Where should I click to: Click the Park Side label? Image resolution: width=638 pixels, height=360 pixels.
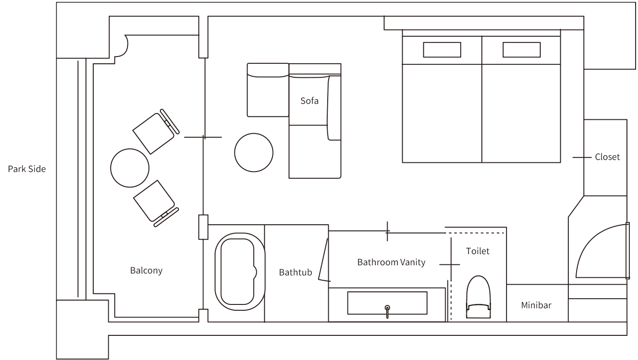point(27,169)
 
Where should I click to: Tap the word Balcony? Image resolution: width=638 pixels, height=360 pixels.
point(146,270)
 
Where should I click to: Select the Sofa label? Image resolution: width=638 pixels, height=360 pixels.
point(309,101)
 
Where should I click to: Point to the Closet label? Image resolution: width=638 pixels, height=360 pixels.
point(607,157)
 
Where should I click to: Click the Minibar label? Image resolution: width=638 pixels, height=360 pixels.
point(536,305)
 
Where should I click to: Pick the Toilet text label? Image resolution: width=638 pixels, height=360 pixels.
point(478,251)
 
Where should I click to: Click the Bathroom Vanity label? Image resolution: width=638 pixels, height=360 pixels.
point(391,262)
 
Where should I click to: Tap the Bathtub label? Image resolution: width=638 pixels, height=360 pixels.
point(295,272)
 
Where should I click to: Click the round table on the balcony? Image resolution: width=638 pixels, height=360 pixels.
point(130,168)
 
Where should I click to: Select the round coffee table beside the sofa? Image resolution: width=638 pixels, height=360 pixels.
point(254,152)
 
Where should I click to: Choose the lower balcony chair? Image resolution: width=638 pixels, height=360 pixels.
point(156,203)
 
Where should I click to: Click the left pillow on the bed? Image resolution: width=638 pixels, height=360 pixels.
point(442,50)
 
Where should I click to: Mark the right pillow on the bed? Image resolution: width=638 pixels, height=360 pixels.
point(522,50)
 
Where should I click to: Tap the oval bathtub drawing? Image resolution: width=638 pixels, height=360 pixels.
point(240,272)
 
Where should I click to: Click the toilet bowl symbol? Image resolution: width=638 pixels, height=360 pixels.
point(478,297)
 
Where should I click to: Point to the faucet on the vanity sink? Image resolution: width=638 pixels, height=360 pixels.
point(387,312)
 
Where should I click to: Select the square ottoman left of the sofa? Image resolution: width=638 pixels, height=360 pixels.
point(268,90)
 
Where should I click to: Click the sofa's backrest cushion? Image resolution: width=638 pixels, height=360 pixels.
point(334,108)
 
